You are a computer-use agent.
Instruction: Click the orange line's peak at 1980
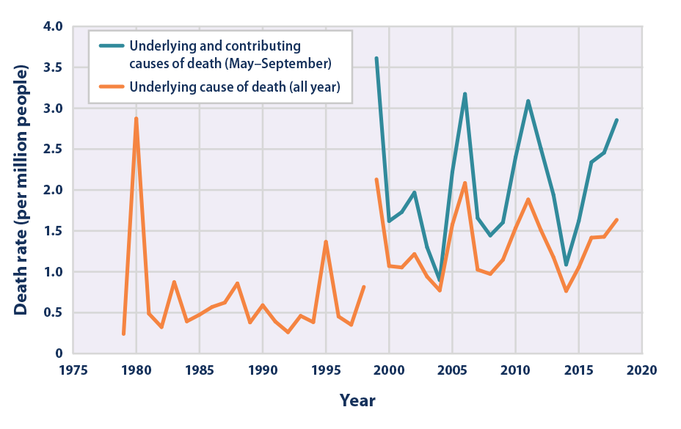tap(136, 119)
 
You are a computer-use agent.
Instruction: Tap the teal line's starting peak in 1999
tap(376, 59)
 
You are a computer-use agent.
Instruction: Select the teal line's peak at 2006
tap(465, 94)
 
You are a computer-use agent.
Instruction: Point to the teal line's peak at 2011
tap(528, 101)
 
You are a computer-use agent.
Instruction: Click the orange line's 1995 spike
tap(326, 242)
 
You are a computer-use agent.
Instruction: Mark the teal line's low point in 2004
tap(440, 280)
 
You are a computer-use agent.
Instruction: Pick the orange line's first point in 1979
tap(123, 334)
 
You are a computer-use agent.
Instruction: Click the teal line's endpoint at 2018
tap(617, 120)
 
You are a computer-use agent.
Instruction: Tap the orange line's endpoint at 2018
tap(617, 220)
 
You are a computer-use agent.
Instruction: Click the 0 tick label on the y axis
tap(59, 353)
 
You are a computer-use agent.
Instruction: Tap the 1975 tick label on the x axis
tap(73, 370)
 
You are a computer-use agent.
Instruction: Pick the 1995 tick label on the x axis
tap(326, 370)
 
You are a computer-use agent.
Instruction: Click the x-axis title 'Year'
tap(357, 400)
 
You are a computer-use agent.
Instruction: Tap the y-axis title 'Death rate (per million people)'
tap(21, 190)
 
